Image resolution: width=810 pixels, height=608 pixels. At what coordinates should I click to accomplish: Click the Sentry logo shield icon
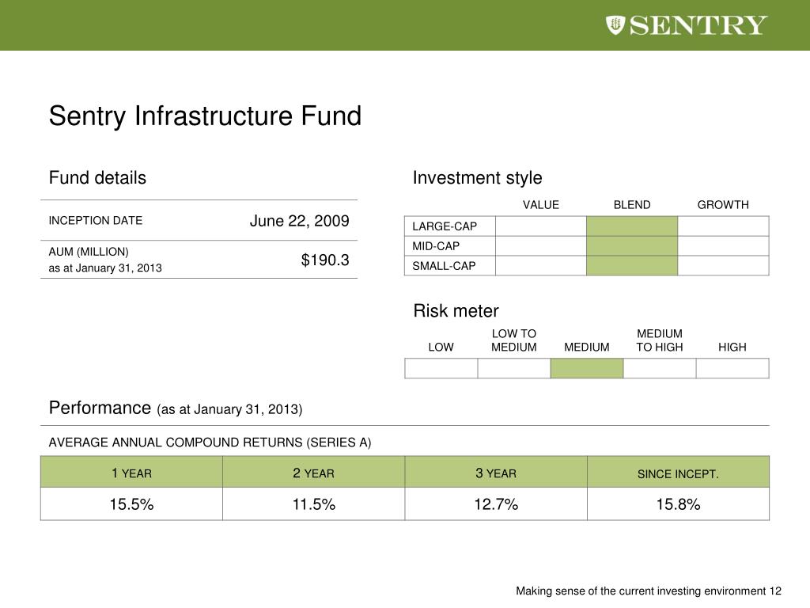pos(616,25)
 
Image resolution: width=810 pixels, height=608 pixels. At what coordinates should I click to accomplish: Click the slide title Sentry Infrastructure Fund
pos(205,116)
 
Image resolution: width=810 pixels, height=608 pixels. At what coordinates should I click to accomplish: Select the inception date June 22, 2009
pos(299,221)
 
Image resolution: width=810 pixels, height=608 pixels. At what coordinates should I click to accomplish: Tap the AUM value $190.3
pos(325,260)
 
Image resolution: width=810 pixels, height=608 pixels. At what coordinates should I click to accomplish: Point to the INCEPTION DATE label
pos(96,221)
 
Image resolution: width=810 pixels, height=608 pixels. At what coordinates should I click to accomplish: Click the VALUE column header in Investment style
pos(541,205)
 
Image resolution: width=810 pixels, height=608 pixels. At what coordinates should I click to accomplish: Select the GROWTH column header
pos(722,205)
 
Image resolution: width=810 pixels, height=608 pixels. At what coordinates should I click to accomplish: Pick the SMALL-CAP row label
pos(445,266)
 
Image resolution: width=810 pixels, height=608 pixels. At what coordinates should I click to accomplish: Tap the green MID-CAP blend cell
pos(632,246)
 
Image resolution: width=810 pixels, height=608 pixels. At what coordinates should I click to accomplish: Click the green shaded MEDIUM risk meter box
pos(587,368)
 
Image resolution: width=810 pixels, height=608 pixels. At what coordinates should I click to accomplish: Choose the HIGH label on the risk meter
pos(732,348)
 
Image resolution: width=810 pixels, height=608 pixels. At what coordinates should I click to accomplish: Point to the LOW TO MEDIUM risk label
pos(514,340)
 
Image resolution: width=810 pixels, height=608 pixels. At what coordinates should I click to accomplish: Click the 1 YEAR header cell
pos(131,473)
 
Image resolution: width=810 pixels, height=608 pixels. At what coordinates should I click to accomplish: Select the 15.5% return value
pos(131,504)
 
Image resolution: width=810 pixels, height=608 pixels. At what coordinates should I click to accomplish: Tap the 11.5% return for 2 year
pos(314,504)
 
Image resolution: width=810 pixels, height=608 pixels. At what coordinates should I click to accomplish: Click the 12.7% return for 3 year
pos(496,504)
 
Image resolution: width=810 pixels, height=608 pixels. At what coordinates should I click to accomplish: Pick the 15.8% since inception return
pos(678,504)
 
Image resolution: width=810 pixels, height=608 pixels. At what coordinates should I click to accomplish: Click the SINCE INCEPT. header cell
pos(678,474)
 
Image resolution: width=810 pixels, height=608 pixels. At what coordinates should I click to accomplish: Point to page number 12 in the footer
pos(775,591)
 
